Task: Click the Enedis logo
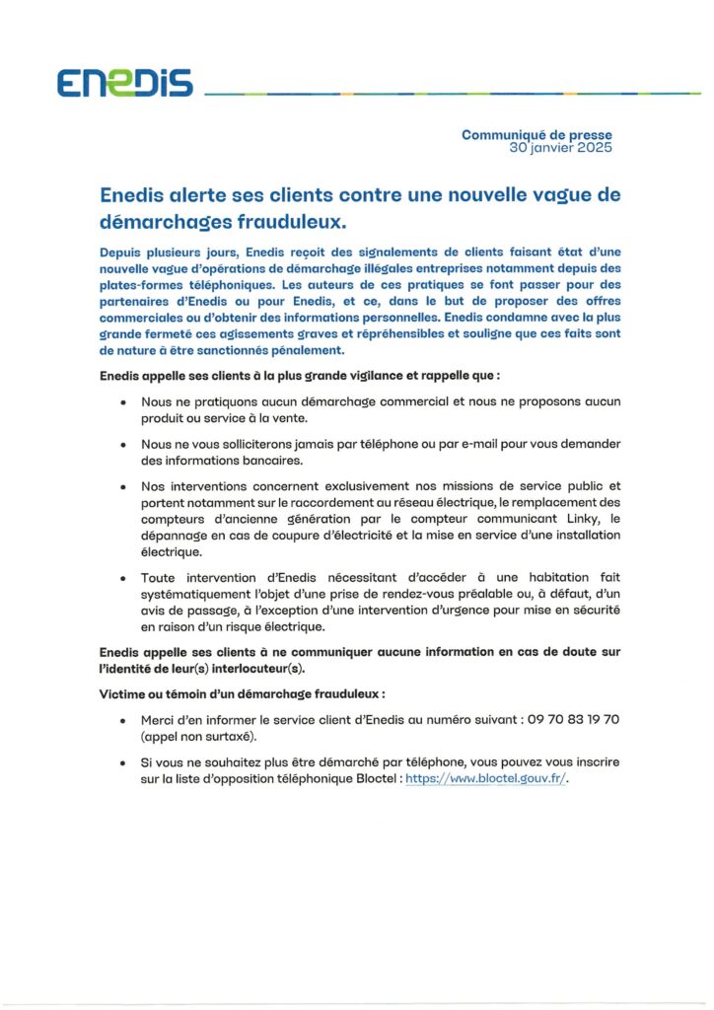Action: [124, 84]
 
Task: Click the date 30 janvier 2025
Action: [560, 148]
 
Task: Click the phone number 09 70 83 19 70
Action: [573, 720]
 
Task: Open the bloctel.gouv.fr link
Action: [487, 778]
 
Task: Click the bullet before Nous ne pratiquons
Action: [122, 403]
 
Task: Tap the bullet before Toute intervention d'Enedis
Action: [122, 578]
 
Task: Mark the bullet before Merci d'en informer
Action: [122, 721]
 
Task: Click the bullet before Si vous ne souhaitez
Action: [122, 764]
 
